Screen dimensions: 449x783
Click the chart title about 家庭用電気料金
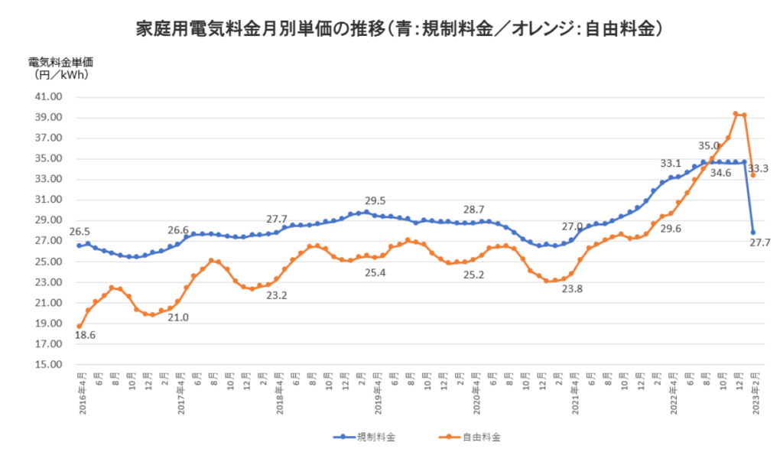pos(398,29)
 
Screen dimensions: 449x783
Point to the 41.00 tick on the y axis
pos(49,97)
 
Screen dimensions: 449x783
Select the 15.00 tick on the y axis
pos(49,364)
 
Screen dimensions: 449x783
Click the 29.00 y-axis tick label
pos(49,220)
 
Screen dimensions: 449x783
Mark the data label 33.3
pos(758,168)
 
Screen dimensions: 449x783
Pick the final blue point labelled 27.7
pos(752,233)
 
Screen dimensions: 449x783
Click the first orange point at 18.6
pos(79,327)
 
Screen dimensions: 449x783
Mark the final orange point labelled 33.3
pos(752,175)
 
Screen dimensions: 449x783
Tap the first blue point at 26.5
pos(79,246)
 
